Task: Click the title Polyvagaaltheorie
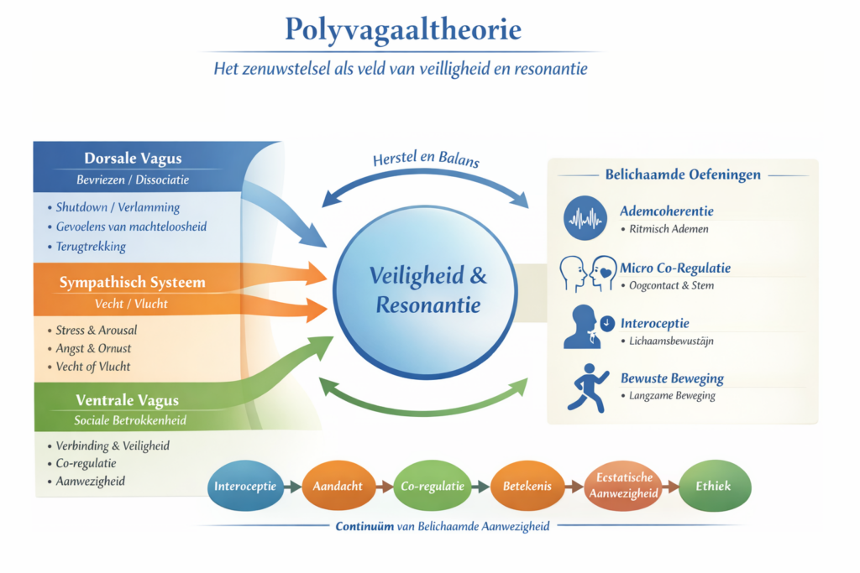coord(402,30)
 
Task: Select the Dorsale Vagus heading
coord(133,158)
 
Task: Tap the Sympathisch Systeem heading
coord(132,283)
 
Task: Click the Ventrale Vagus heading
coord(128,400)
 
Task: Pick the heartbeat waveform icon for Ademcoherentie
coord(585,217)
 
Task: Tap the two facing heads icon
coord(585,273)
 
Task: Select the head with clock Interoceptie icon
coord(585,327)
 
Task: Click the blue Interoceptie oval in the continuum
coord(245,487)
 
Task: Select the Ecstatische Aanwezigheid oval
coord(622,487)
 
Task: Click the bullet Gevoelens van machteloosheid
coord(131,227)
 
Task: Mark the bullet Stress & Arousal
coord(96,330)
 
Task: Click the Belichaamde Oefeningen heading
coord(683,175)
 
